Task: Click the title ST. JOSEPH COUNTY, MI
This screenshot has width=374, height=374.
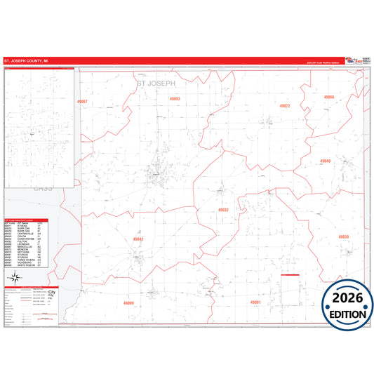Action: point(26,61)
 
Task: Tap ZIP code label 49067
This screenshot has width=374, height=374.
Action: point(83,102)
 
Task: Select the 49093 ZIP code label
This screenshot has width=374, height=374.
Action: point(175,99)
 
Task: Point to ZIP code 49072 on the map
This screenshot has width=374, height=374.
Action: point(284,106)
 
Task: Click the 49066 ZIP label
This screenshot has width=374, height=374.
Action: point(328,97)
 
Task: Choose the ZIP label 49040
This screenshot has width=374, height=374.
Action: point(325,161)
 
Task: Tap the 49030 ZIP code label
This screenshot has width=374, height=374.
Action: point(343,236)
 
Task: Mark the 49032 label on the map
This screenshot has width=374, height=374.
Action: point(223,210)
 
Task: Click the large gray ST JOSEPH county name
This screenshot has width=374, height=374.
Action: point(154,83)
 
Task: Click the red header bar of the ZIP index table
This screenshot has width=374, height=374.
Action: point(27,219)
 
